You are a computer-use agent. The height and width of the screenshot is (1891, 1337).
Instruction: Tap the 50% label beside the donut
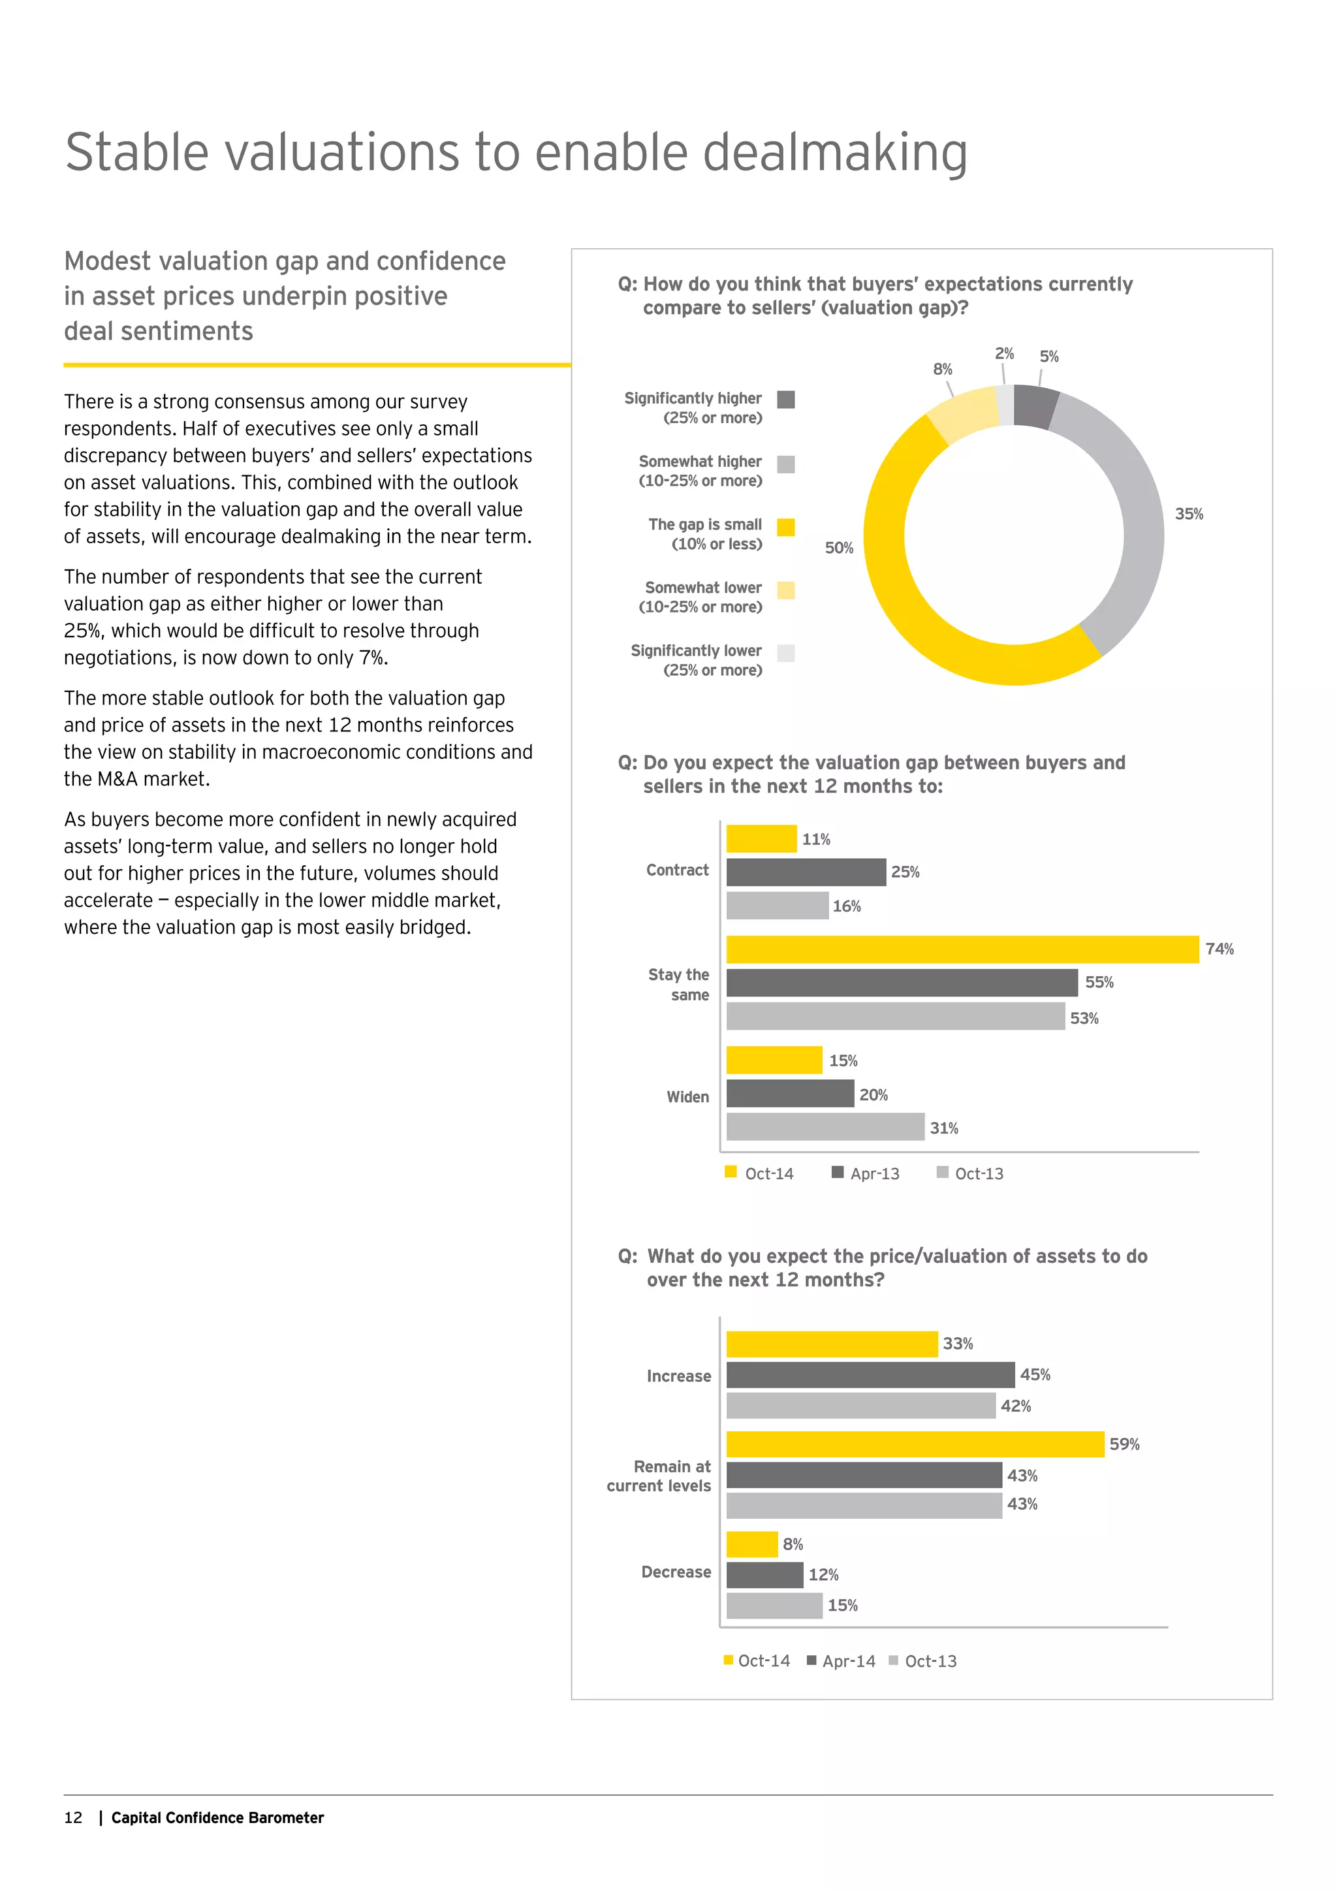click(839, 548)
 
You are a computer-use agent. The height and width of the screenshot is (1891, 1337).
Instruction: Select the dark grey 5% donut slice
click(1035, 407)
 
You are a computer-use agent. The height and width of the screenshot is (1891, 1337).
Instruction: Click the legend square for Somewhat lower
click(786, 590)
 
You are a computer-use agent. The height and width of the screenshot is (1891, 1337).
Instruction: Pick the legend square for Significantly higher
click(786, 400)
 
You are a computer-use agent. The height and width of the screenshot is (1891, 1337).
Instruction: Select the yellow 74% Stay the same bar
click(962, 949)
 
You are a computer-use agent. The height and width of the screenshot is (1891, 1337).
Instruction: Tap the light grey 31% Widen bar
click(825, 1126)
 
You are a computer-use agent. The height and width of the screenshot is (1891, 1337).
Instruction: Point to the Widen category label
click(687, 1097)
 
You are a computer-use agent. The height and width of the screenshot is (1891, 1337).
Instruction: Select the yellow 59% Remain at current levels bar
click(915, 1444)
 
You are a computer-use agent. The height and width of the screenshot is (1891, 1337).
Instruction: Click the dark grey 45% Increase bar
click(870, 1375)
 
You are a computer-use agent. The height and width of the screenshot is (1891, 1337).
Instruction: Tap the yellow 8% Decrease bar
click(751, 1544)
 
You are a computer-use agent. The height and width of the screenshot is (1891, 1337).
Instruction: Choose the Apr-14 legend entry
click(842, 1661)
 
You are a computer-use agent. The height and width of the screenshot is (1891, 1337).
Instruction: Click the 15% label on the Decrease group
click(842, 1605)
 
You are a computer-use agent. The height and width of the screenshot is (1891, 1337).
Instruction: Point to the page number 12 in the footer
click(73, 1818)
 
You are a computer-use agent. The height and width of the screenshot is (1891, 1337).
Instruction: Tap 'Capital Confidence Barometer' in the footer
click(217, 1818)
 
